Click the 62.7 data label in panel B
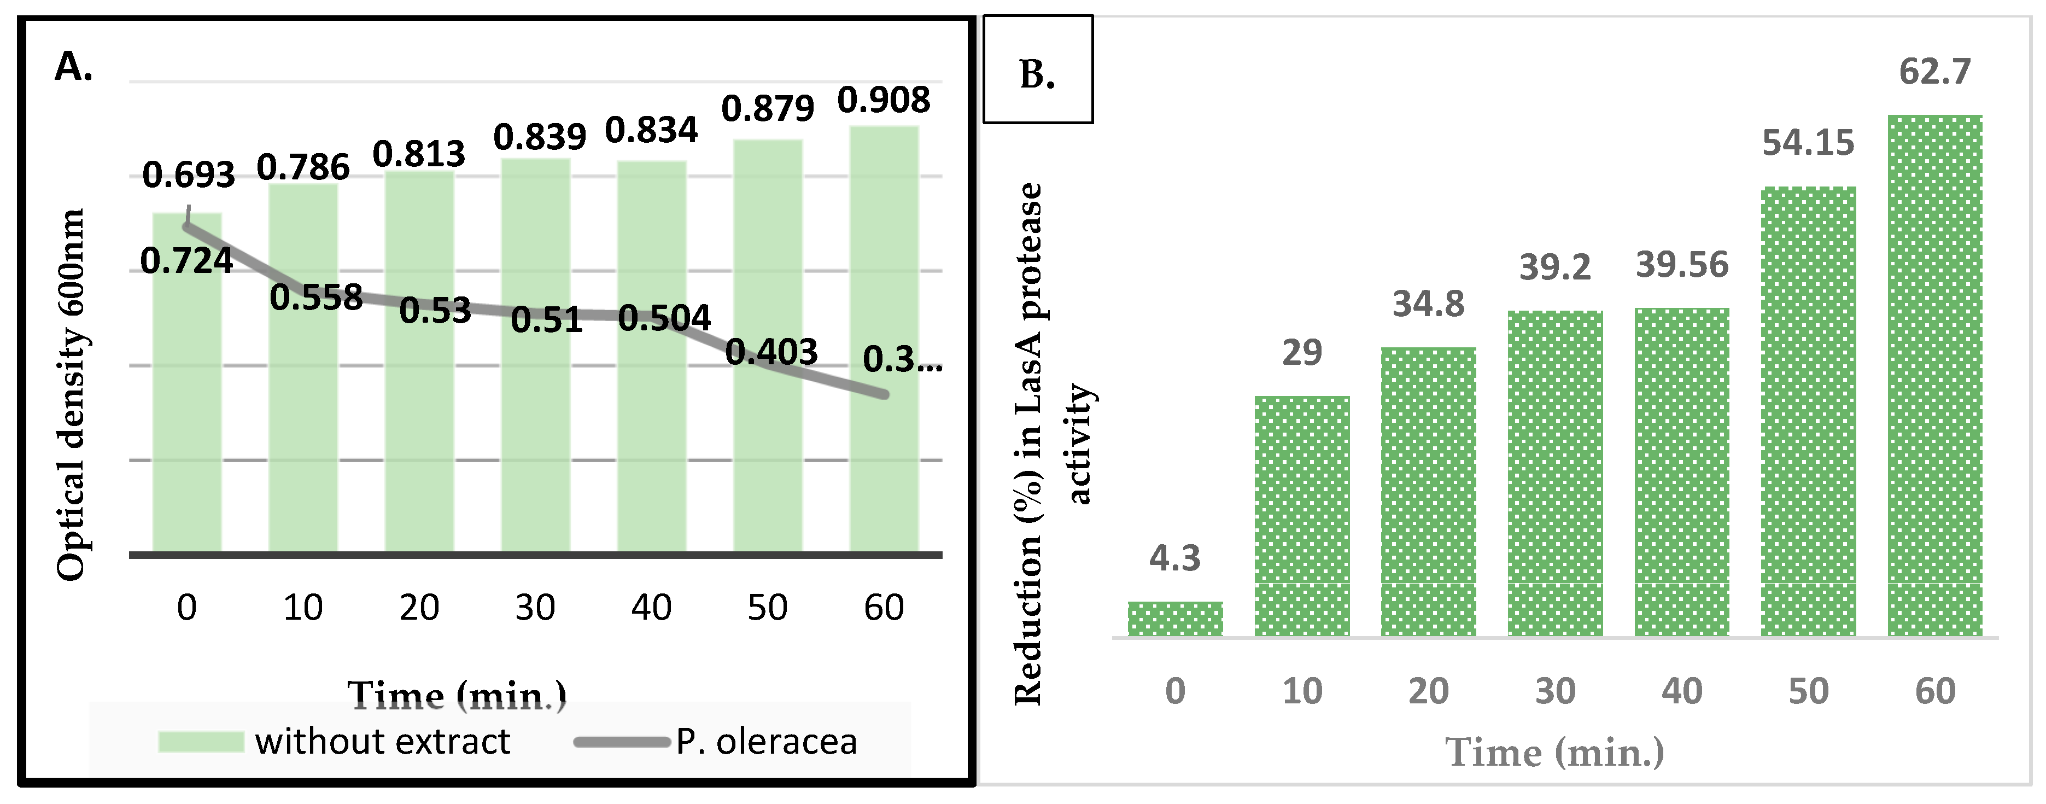click(1935, 72)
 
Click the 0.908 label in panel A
click(883, 100)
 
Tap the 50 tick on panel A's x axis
click(767, 608)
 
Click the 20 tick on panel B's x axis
click(1428, 691)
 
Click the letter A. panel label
click(74, 67)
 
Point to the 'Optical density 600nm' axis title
click(72, 395)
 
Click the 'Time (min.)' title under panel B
click(1554, 751)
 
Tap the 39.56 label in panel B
click(1681, 265)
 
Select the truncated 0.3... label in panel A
click(902, 360)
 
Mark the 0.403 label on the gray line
click(771, 352)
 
